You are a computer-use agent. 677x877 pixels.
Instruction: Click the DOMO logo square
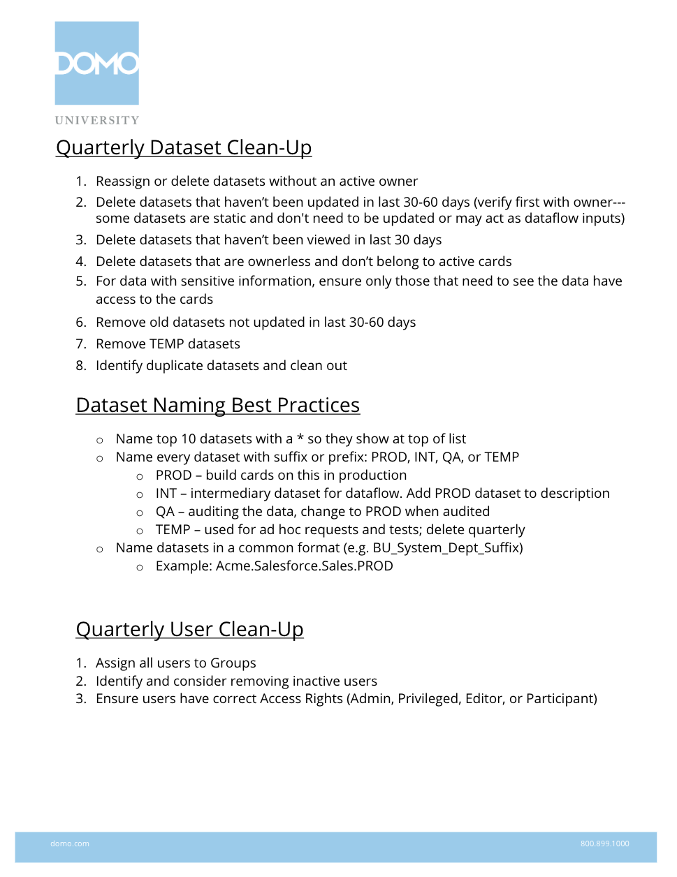(97, 63)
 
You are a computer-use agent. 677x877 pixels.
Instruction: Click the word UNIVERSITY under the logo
(97, 120)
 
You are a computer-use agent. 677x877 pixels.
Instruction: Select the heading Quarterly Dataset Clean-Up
(184, 148)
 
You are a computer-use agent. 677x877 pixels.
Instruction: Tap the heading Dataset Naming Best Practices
(218, 406)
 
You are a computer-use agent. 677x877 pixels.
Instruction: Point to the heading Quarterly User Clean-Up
(189, 630)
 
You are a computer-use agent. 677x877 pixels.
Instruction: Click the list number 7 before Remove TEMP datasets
(81, 344)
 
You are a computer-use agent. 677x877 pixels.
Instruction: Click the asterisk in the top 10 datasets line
(300, 438)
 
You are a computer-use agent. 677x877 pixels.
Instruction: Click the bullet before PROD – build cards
(140, 476)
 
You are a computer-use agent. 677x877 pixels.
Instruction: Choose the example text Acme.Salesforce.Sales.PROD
(305, 566)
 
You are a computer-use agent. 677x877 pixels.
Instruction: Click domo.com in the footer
(70, 843)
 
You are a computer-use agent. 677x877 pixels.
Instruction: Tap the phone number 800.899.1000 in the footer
(604, 843)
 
